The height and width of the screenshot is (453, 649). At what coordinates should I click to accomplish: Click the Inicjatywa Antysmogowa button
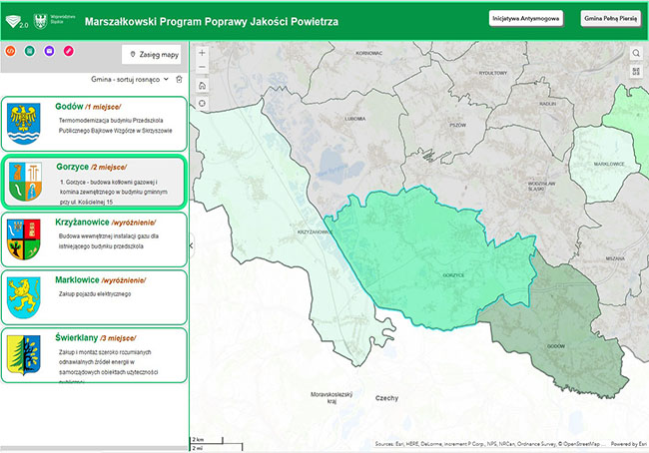click(526, 18)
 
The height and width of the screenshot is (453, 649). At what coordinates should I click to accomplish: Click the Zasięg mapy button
click(155, 54)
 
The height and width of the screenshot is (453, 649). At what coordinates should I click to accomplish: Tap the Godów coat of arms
click(25, 123)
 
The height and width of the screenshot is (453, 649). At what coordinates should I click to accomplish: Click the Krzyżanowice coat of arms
click(25, 240)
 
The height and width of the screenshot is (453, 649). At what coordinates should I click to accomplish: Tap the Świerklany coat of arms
click(25, 354)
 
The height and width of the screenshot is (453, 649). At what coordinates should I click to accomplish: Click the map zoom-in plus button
click(203, 52)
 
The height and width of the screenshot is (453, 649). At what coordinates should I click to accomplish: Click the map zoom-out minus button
click(203, 68)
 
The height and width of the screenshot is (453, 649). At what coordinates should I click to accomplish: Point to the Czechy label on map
click(386, 397)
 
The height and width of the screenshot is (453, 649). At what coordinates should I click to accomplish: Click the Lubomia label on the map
click(352, 118)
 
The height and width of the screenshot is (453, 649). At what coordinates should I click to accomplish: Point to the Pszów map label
click(458, 126)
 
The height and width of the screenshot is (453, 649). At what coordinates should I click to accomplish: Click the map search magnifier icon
click(636, 52)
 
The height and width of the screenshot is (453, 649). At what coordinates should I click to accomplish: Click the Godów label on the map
click(556, 345)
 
